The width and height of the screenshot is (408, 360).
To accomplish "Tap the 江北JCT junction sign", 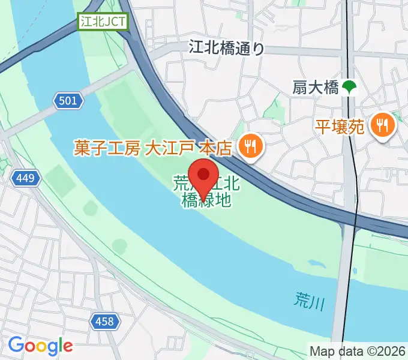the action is coord(103,22).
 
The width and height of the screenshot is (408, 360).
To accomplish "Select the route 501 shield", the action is coord(68,101).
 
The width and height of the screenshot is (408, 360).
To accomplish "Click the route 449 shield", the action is coord(25,178).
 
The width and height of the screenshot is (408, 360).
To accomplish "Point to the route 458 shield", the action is coord(104,322).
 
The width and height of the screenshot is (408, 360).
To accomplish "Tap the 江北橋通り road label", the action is coord(226,47).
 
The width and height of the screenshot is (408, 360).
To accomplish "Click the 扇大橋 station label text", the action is coord(316,88).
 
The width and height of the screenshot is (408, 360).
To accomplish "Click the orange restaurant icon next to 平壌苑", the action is coord(382,125).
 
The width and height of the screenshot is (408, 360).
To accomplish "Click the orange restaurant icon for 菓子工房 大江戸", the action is coord(248,147).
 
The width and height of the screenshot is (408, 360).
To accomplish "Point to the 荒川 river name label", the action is coord(310,301).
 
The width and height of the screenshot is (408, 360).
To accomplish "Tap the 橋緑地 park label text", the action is coord(206,200).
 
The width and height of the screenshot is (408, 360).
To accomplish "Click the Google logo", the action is coord(40,346).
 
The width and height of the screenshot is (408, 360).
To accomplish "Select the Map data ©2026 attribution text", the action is coord(358,351).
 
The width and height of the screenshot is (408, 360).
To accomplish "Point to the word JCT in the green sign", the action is coord(117,22).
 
